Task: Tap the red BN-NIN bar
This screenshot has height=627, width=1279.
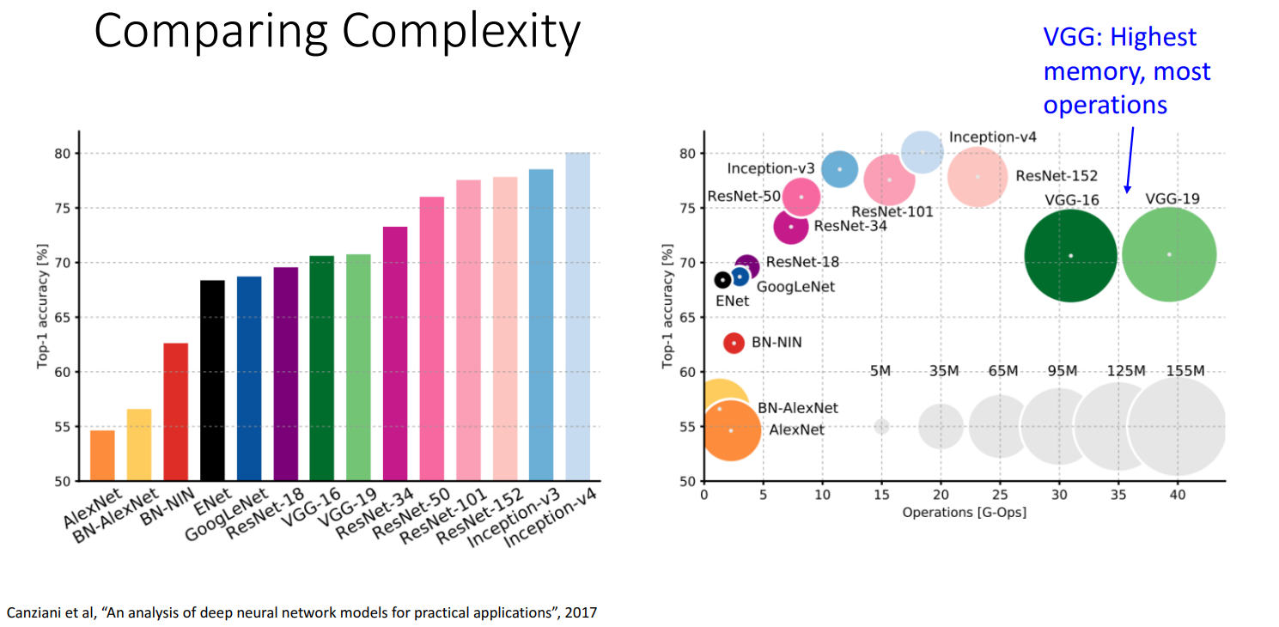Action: coord(175,411)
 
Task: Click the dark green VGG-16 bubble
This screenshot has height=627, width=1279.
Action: coord(1070,255)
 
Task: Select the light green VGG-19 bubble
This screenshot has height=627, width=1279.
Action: coord(1169,254)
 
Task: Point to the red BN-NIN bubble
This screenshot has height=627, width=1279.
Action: coord(734,343)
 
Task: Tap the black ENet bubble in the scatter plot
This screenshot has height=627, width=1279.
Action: coord(723,280)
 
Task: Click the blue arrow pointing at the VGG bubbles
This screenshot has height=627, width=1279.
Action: coord(1130,159)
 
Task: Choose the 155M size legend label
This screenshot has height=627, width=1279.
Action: coord(1185,371)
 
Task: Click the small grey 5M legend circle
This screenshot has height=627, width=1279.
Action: coord(881,426)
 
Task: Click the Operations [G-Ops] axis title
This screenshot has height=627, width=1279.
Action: coord(964,513)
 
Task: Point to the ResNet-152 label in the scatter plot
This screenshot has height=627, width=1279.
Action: coord(1057,176)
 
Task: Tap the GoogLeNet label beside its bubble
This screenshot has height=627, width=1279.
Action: coord(795,287)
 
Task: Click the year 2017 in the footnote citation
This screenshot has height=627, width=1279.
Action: coord(580,612)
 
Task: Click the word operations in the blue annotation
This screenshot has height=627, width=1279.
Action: coord(1105,105)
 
